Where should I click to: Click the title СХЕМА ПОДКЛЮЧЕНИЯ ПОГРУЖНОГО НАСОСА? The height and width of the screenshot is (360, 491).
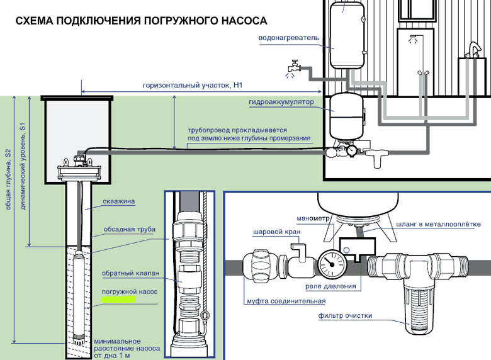click(142, 21)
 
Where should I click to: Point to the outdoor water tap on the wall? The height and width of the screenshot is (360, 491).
click(293, 65)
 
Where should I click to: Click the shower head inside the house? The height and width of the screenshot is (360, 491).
click(413, 38)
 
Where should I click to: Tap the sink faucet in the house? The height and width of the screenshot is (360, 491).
click(471, 49)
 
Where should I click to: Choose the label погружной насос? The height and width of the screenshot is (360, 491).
click(128, 292)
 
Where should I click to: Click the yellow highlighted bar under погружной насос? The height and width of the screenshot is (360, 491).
click(117, 300)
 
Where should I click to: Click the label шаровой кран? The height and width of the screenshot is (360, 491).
click(276, 232)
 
